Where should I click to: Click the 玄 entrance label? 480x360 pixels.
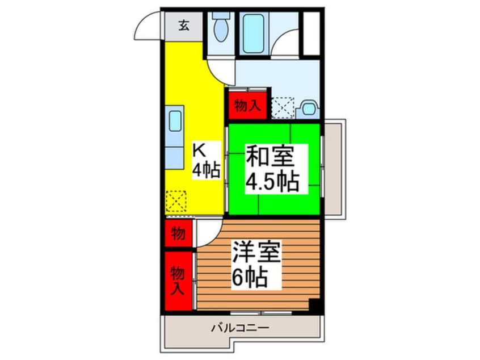tap(184, 26)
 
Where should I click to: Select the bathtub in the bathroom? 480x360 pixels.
tap(254, 34)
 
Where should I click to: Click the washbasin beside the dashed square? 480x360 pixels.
tap(309, 108)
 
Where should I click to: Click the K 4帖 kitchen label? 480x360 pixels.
tap(206, 161)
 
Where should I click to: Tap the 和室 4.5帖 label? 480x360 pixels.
tap(272, 169)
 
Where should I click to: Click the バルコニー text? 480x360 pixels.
tap(241, 328)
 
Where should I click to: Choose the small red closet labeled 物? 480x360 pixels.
tap(178, 233)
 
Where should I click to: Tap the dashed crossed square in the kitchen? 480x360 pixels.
tap(176, 202)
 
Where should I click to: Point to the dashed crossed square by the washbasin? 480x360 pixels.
tap(283, 107)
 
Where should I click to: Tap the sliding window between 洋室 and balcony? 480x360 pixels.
tap(261, 313)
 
